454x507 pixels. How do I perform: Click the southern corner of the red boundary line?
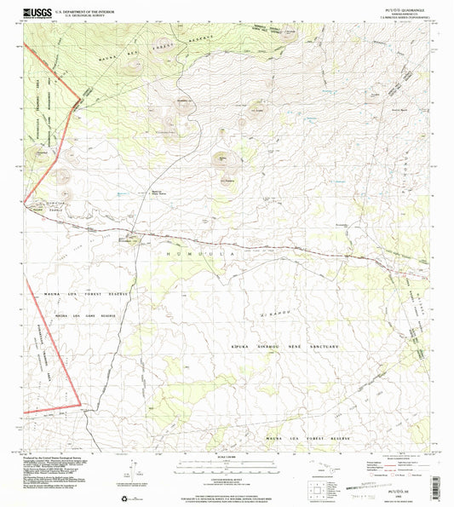pyautogui.click(x=80, y=404)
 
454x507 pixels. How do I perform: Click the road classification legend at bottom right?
pyautogui.click(x=400, y=468)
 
